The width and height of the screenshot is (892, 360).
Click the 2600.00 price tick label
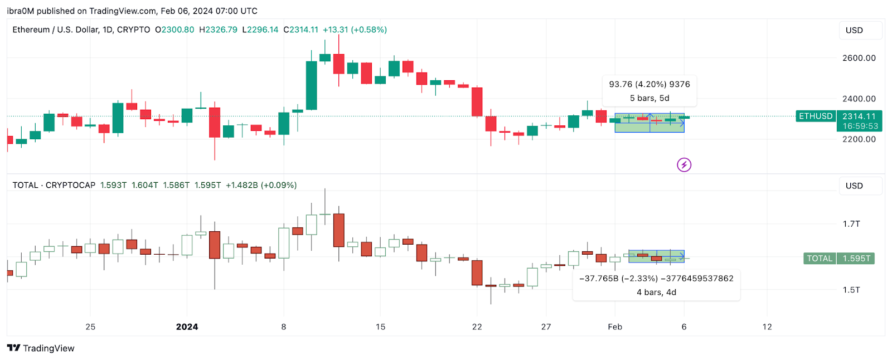pos(859,58)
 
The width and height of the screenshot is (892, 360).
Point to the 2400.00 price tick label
pos(859,99)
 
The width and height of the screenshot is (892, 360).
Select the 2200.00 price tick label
pos(859,139)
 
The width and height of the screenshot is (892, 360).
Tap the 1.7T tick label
pos(851,224)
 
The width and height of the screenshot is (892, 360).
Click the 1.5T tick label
pos(851,290)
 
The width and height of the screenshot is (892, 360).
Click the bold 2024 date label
pos(187,327)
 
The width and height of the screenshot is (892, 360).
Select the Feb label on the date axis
pos(615,327)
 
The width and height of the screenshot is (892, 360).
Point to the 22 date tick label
pos(477,327)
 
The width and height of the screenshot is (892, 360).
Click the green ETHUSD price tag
pos(816,116)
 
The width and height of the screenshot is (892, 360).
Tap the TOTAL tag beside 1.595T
pos(820,259)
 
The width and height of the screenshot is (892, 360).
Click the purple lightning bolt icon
pos(684,165)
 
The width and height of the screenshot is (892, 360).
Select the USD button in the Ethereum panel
pos(854,30)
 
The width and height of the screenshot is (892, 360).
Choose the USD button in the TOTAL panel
pos(854,186)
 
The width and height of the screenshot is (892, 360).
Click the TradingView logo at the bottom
pos(41,348)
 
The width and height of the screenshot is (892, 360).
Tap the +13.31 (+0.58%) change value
pos(355,30)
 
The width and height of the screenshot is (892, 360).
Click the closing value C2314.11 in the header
pos(301,30)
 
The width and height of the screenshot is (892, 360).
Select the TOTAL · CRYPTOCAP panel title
pos(54,185)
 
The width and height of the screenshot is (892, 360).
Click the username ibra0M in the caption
pos(20,11)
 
